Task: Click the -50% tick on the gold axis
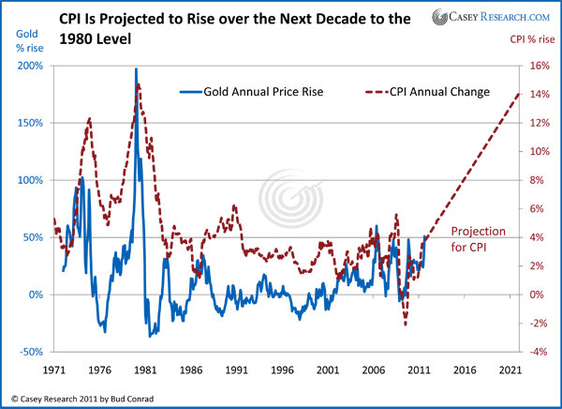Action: click(x=31, y=352)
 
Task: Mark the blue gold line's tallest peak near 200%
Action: click(x=137, y=68)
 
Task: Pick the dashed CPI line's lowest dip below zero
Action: click(x=406, y=324)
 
